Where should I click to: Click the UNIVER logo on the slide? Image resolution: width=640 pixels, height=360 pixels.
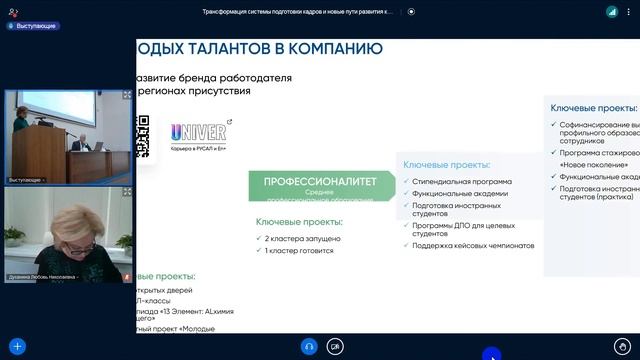tap(198, 132)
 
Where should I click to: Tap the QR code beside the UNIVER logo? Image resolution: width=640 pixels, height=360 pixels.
tap(143, 136)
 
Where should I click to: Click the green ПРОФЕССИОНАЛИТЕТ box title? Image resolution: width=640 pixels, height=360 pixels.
tap(320, 182)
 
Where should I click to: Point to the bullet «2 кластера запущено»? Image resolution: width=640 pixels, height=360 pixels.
tap(303, 239)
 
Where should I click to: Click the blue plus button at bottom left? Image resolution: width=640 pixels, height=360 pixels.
tap(16, 346)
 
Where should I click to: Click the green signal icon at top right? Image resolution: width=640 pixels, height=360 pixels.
tap(612, 11)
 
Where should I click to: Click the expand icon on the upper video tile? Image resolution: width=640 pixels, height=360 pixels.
tap(127, 95)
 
